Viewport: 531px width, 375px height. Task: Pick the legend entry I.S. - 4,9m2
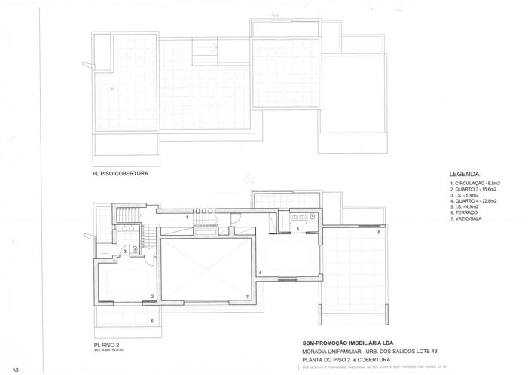466,207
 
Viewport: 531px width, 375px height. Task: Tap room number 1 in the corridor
188,217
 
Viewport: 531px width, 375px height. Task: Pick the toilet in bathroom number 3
134,248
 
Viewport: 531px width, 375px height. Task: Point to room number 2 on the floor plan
152,297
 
